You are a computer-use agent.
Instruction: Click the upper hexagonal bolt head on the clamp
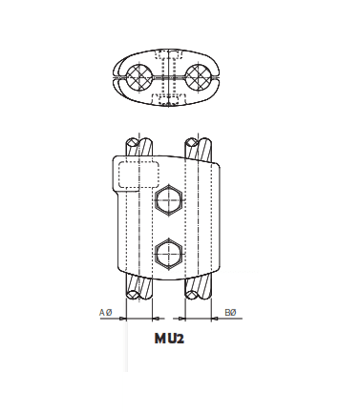coord(168,201)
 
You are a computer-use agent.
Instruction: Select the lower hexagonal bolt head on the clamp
coord(168,253)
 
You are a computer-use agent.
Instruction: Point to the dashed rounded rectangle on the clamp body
coord(138,175)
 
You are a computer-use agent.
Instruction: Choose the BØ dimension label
coord(230,313)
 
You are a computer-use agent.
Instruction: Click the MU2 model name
coord(168,338)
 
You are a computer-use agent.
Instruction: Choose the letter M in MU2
coord(158,338)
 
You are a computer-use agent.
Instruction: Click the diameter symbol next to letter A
coord(109,313)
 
